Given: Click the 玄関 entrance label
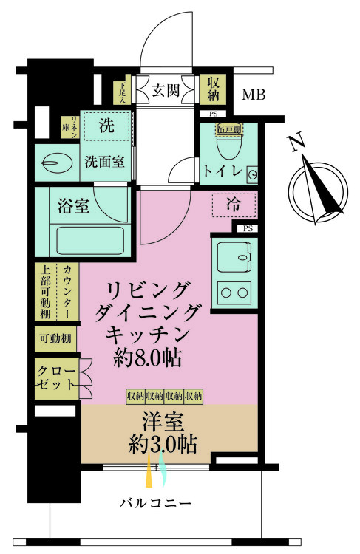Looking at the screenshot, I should click(x=165, y=91).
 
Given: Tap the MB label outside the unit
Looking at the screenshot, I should click(x=255, y=95).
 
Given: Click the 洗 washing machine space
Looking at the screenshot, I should click(x=107, y=126).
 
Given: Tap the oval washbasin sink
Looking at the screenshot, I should click(x=55, y=160).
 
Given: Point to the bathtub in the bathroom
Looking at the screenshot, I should click(x=89, y=241).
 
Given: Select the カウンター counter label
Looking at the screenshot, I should click(x=67, y=293).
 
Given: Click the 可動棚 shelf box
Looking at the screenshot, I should click(x=56, y=339).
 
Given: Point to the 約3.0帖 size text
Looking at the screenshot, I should click(x=162, y=445).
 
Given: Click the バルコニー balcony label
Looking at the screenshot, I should click(x=156, y=503).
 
